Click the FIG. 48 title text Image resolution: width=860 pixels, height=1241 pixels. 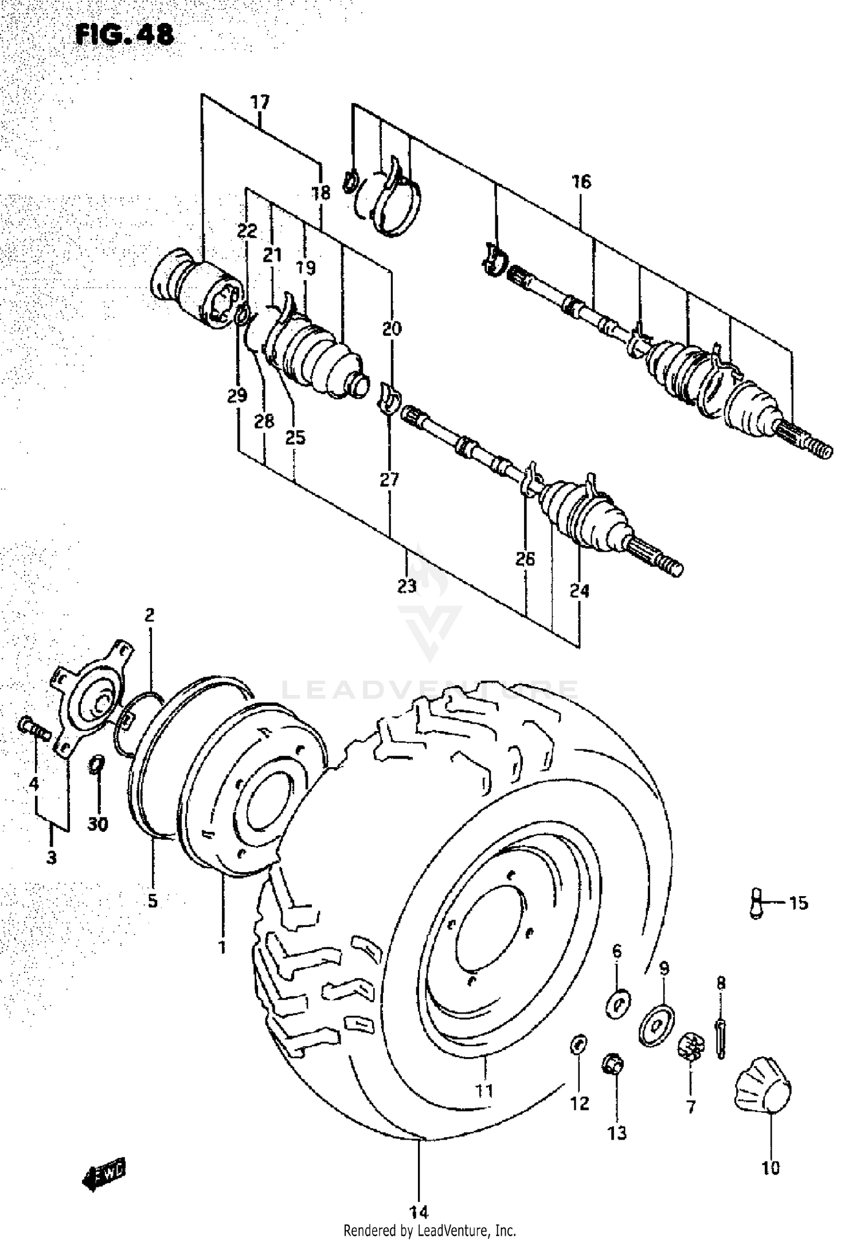coord(124,35)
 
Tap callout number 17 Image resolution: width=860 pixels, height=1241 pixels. coord(260,103)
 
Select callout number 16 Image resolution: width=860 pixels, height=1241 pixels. coord(580,182)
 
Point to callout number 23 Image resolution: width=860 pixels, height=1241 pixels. coord(406,587)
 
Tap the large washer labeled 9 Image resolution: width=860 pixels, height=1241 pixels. coord(656,1022)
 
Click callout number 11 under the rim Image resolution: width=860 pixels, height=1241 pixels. coord(484,1090)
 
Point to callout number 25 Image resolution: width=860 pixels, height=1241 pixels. coord(295,438)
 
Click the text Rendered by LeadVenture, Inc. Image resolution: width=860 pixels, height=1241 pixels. coord(429,1230)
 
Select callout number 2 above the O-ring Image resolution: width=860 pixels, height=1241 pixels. coord(150,615)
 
